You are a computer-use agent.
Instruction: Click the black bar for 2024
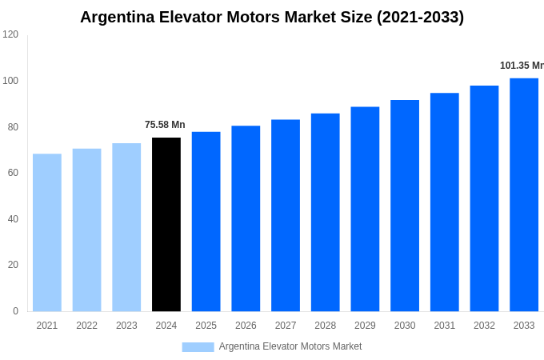point(166,225)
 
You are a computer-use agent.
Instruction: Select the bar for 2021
point(47,233)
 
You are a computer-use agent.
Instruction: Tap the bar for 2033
point(524,194)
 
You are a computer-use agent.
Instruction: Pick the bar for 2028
point(325,212)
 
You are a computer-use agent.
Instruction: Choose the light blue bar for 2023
point(126,227)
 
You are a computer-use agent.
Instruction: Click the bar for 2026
point(246,218)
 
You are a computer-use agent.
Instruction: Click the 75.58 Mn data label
point(165,125)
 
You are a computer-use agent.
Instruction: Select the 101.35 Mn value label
point(522,66)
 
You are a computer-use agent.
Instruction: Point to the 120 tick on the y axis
point(10,34)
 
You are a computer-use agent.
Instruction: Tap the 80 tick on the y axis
point(13,126)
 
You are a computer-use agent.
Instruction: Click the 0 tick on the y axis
point(15,311)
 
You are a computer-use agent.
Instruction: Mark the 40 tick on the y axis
point(13,219)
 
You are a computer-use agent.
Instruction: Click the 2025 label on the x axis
point(206,326)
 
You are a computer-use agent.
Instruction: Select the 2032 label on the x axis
point(484,326)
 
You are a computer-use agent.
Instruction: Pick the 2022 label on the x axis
point(86,326)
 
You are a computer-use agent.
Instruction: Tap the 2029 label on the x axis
point(365,326)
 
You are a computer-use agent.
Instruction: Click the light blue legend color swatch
point(198,346)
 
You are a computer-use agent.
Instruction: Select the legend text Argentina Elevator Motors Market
point(290,346)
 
